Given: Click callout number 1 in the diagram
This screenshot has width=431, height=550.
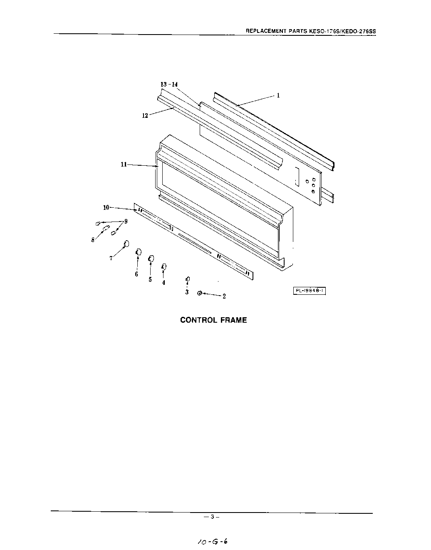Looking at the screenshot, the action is [x=278, y=95].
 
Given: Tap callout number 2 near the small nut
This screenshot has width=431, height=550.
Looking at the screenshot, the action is [x=224, y=296].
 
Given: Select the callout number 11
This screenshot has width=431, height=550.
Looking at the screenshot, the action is [x=124, y=164].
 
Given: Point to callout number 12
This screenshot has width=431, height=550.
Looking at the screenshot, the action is [x=145, y=116].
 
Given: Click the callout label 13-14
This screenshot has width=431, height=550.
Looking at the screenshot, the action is [x=169, y=84].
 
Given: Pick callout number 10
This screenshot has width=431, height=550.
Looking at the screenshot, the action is [x=106, y=207].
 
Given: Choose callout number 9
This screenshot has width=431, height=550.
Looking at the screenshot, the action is [x=126, y=221].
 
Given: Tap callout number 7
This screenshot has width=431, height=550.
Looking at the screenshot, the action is [x=111, y=258].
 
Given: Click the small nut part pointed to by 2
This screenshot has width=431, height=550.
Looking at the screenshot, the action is [x=200, y=293].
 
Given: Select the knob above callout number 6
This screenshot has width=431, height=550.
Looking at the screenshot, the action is [x=139, y=252].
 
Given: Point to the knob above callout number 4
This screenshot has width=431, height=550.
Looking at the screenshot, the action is [x=164, y=266].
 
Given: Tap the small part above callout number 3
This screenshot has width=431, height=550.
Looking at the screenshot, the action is [x=188, y=279].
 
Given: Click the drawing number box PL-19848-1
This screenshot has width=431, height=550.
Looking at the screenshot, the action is [x=309, y=291].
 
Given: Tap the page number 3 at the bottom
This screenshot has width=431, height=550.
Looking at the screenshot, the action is [x=212, y=517].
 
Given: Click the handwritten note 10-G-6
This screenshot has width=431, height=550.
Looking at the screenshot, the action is [x=213, y=541].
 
